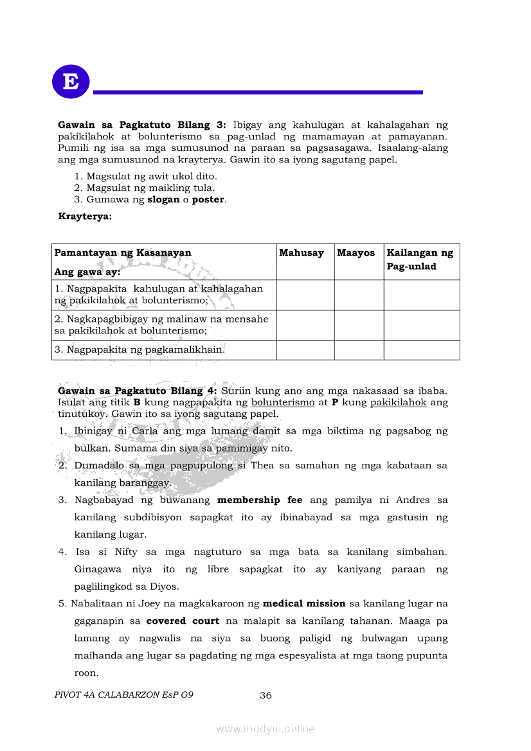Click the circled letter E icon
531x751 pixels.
[x=71, y=82]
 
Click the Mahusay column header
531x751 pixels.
[x=301, y=253]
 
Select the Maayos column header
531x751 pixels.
[x=355, y=253]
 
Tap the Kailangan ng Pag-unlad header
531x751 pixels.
[x=420, y=260]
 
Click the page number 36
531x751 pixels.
[x=265, y=696]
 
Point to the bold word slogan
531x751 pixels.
[x=163, y=200]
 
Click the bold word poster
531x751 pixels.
[x=208, y=200]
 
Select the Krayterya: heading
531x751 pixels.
[x=85, y=216]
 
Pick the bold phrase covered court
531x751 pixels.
[x=183, y=621]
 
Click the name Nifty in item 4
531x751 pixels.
[x=126, y=552]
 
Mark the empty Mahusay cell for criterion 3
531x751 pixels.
[x=305, y=350]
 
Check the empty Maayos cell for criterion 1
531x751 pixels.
[x=359, y=295]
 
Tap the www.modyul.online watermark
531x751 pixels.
[x=265, y=729]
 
